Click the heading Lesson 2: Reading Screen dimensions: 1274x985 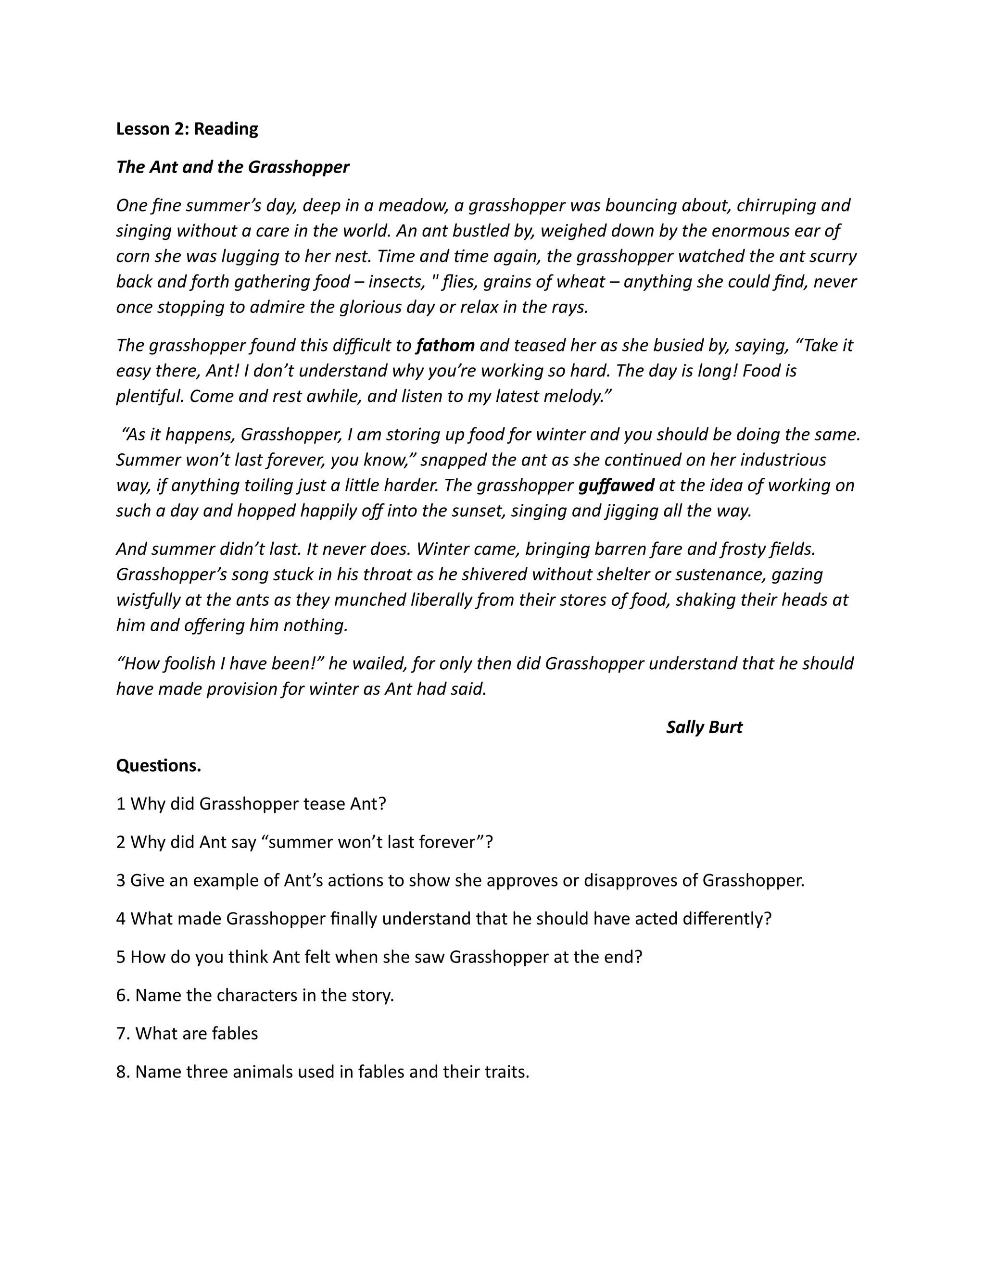click(x=187, y=129)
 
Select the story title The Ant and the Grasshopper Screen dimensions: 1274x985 click(x=232, y=167)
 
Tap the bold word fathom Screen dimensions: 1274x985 click(x=445, y=345)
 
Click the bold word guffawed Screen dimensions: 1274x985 click(x=616, y=486)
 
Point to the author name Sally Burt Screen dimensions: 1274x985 click(x=704, y=727)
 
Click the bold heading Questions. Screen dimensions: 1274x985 click(x=158, y=766)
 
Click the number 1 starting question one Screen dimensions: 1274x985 click(x=121, y=804)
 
